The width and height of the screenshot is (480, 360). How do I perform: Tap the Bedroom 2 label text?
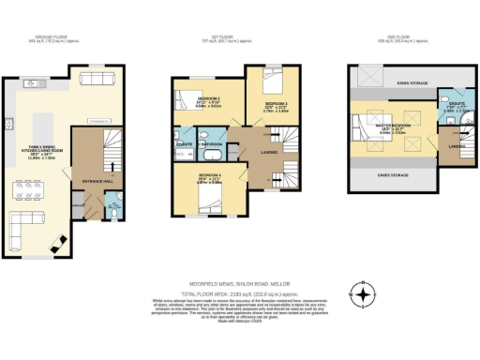point(276,103)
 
